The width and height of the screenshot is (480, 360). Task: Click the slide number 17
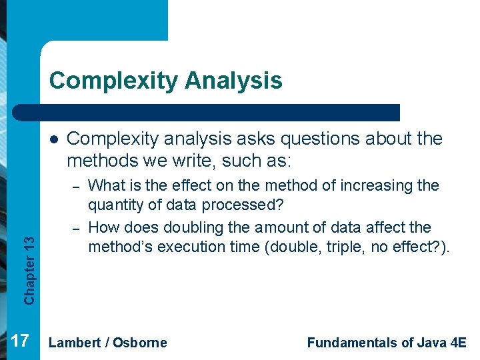(x=20, y=341)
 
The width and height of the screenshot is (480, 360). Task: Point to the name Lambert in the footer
(x=75, y=343)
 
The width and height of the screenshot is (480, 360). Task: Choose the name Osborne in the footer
(x=140, y=343)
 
